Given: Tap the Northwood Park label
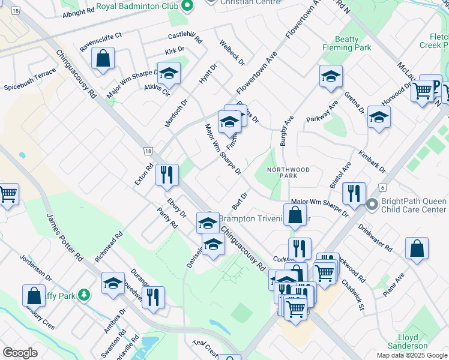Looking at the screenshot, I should pyautogui.click(x=288, y=173).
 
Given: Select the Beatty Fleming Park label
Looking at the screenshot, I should pyautogui.click(x=348, y=43).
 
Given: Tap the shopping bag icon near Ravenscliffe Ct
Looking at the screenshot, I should pyautogui.click(x=103, y=59).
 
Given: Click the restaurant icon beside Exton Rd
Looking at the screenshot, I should pyautogui.click(x=167, y=175).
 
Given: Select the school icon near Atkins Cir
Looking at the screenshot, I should pyautogui.click(x=169, y=74).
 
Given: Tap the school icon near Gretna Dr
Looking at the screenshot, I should pyautogui.click(x=379, y=117).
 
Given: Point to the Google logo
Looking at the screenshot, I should pyautogui.click(x=20, y=353).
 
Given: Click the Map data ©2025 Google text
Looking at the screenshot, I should pyautogui.click(x=411, y=355).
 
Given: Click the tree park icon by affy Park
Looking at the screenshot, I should pyautogui.click(x=84, y=295).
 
